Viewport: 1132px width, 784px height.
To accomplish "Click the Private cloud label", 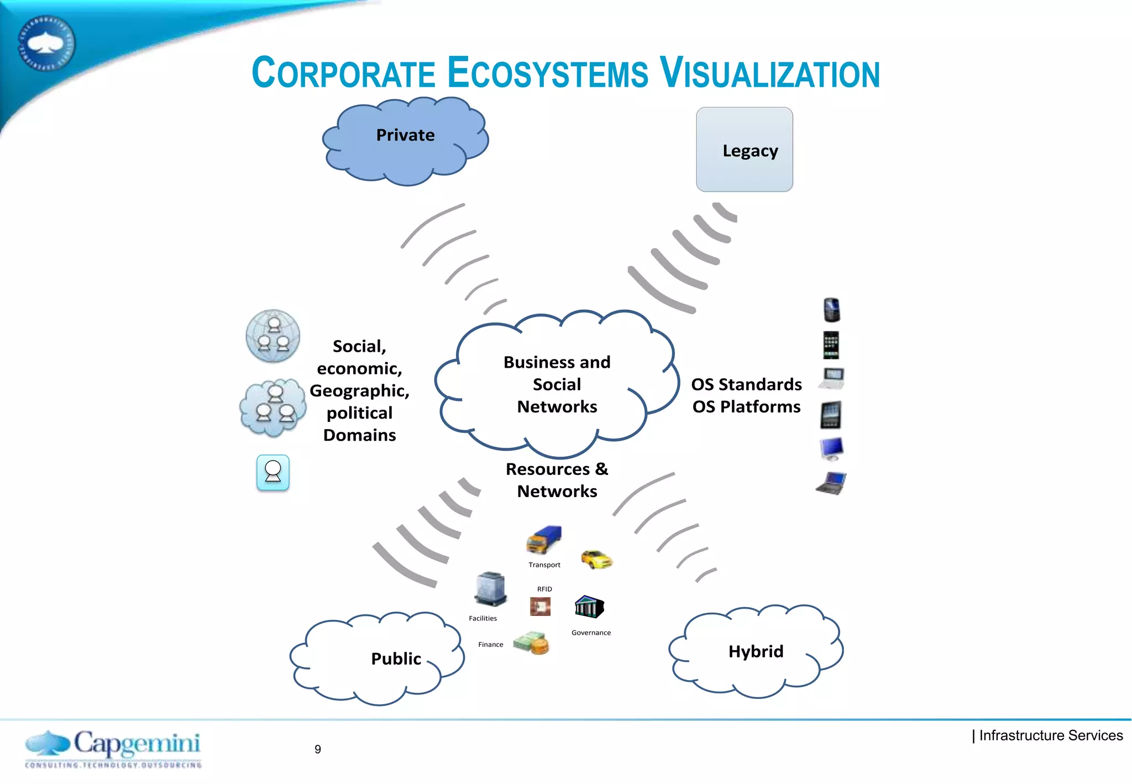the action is pyautogui.click(x=405, y=135).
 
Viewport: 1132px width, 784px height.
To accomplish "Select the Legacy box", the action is pyautogui.click(x=745, y=150).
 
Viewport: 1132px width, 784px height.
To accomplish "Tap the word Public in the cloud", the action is pyautogui.click(x=396, y=658).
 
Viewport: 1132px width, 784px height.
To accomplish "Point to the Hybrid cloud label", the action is pyautogui.click(x=756, y=651).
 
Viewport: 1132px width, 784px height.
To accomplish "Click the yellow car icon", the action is pyautogui.click(x=596, y=559).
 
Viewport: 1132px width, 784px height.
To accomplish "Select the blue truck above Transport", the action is pyautogui.click(x=544, y=539).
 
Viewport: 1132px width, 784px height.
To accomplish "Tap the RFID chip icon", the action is pyautogui.click(x=540, y=607).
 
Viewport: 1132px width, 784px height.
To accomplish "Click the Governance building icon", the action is pyautogui.click(x=589, y=607).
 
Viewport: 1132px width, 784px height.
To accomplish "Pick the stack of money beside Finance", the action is pyautogui.click(x=531, y=643).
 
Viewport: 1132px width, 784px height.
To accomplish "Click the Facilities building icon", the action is pyautogui.click(x=490, y=589).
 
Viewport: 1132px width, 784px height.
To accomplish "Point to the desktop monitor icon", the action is pyautogui.click(x=831, y=449).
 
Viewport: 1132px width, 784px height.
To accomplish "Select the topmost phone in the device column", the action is pyautogui.click(x=831, y=310).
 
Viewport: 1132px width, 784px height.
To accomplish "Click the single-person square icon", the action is pyautogui.click(x=272, y=472).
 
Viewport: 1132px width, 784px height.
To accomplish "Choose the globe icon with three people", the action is pyautogui.click(x=272, y=336).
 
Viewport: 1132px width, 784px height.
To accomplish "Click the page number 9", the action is pyautogui.click(x=318, y=749).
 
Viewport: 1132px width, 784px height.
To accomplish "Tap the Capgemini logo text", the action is pyautogui.click(x=137, y=744).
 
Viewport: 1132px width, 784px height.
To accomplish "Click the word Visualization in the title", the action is pyautogui.click(x=769, y=74).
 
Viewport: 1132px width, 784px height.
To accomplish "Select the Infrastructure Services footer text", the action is pyautogui.click(x=1050, y=735).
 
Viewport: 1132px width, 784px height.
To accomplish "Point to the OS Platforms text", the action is pyautogui.click(x=746, y=407).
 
